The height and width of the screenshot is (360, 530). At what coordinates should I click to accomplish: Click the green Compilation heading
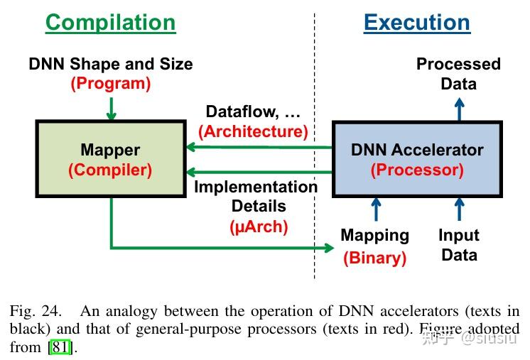click(110, 22)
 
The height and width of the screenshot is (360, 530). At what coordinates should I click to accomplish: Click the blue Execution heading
click(416, 22)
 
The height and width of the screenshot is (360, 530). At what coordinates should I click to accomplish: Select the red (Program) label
click(110, 83)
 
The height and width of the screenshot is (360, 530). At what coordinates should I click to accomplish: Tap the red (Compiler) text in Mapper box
click(110, 170)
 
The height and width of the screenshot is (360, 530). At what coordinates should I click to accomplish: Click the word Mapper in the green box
click(110, 150)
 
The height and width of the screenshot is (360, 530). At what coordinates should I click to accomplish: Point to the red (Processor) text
click(417, 170)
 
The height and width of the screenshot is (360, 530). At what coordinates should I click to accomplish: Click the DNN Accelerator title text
click(417, 150)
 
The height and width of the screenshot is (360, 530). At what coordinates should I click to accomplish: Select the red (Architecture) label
click(253, 131)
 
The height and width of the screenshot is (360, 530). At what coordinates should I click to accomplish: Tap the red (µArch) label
click(259, 227)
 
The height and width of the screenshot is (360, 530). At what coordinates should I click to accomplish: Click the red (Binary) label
click(374, 258)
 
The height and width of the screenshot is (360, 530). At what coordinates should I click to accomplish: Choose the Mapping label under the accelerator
click(374, 235)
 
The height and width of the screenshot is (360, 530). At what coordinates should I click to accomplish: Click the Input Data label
click(458, 245)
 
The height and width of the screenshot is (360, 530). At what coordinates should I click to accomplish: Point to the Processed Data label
click(458, 74)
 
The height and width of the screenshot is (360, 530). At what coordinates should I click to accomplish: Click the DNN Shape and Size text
click(110, 63)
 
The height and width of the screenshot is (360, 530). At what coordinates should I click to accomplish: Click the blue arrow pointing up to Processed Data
click(459, 109)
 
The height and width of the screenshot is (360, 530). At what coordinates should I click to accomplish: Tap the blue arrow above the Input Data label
click(459, 209)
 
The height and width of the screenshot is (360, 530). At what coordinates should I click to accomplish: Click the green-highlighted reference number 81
click(60, 348)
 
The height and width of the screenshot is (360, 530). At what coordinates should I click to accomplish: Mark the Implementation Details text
click(256, 197)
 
